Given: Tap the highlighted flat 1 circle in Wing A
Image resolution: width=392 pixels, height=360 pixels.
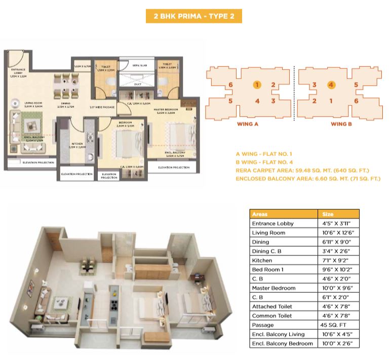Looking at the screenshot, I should [257, 85].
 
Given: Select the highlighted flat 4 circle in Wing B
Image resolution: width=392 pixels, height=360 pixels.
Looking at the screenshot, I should [331, 85].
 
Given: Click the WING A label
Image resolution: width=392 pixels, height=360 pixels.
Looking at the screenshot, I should [248, 124].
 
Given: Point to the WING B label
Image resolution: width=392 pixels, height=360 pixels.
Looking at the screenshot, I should [341, 124].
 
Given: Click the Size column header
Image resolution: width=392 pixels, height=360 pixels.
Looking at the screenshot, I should [328, 214].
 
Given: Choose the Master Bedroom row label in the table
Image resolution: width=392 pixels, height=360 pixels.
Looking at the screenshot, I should [273, 288].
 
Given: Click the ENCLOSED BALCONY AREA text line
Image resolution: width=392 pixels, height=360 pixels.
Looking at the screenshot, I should [308, 179].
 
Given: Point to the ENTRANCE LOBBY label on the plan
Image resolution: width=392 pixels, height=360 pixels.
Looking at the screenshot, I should [18, 71].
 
